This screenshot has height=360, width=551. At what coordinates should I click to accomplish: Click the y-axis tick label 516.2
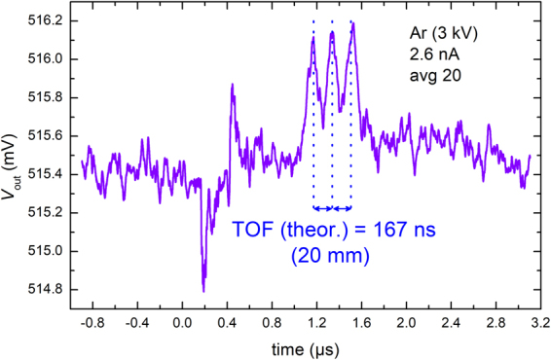pos(45,20)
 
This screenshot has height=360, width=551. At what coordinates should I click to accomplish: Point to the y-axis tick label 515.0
pos(45,251)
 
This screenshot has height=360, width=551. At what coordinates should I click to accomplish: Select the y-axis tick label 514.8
pos(45,289)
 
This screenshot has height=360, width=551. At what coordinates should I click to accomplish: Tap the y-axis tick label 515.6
pos(45,135)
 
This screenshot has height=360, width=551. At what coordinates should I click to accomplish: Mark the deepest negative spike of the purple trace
pos(203,289)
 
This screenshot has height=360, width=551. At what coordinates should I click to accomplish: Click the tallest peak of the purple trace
pos(352,23)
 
